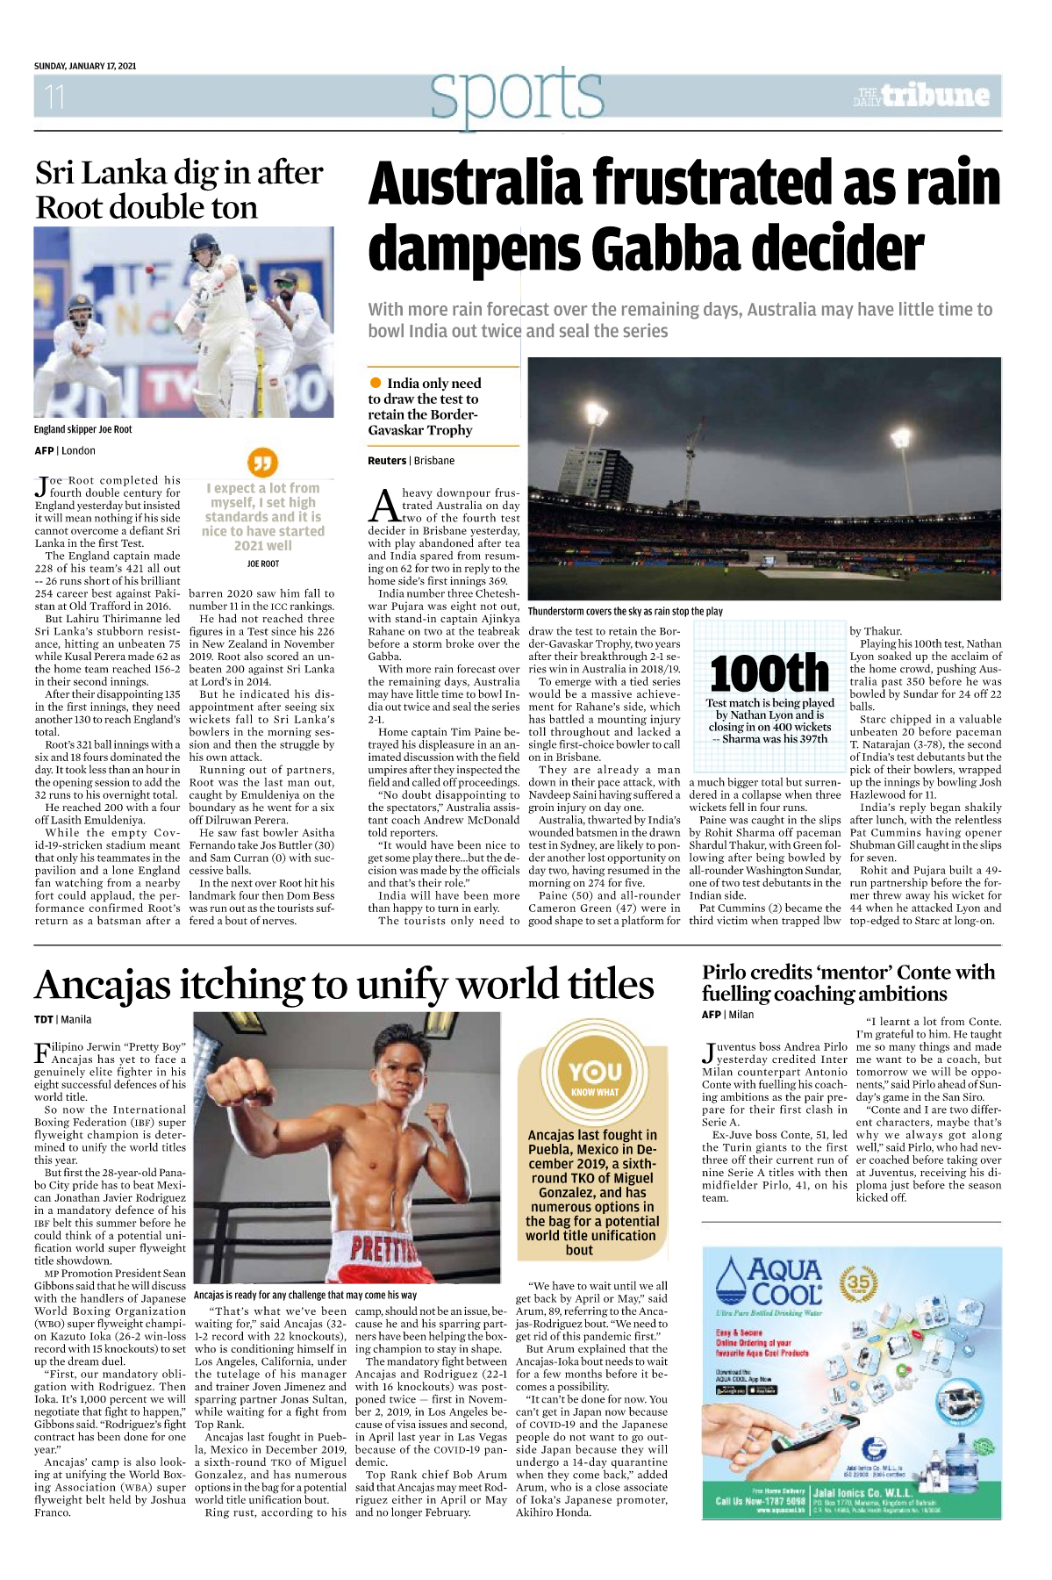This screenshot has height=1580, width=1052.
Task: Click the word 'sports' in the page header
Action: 517,96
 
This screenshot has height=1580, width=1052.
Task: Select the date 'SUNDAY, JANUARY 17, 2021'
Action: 85,66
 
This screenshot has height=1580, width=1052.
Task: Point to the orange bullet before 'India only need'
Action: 376,383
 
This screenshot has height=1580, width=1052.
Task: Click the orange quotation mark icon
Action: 262,462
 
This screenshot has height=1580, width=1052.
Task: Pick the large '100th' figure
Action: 769,673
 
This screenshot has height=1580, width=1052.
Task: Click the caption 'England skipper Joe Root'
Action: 83,429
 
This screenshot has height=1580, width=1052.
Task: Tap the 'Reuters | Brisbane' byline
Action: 411,460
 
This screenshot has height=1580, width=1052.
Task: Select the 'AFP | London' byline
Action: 65,450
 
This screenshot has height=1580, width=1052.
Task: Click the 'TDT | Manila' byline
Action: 62,1019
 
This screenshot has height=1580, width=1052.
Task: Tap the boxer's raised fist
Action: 230,1081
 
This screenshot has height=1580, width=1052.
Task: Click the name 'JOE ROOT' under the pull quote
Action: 262,564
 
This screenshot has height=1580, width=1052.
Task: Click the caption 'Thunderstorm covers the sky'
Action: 625,611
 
